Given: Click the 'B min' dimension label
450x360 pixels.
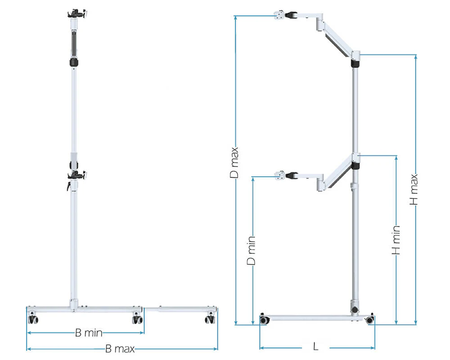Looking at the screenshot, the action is tap(89, 333).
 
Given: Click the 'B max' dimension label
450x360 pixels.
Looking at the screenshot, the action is tap(120, 349).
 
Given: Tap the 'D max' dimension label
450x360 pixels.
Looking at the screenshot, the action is tap(234, 162).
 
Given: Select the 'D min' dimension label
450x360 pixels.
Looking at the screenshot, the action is tap(251, 250).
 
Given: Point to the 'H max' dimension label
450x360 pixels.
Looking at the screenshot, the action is tap(414, 189).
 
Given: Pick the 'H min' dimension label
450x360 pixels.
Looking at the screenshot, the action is tap(396, 240).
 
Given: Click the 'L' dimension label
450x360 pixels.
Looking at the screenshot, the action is tap(316, 347).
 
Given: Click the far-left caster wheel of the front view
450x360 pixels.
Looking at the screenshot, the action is tap(33, 318).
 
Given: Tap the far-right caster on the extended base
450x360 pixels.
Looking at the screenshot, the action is tap(210, 318).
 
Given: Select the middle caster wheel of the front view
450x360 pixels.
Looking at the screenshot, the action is tap(138, 318).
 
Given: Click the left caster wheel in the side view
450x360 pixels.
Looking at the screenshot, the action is tap(264, 319).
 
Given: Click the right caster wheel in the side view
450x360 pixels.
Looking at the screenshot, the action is tap(369, 319).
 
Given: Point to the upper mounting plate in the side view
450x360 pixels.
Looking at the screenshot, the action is tap(279, 15).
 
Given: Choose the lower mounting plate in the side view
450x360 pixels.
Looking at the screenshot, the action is tap(279, 175).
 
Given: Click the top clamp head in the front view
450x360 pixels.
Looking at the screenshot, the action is tap(77, 13).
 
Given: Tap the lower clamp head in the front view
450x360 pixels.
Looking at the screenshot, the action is tap(77, 175).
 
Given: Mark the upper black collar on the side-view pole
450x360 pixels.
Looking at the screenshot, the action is tap(355, 63).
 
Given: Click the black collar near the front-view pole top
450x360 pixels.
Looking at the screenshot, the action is tap(74, 62).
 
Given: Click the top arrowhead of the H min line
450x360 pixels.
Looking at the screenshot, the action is tap(396, 158).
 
